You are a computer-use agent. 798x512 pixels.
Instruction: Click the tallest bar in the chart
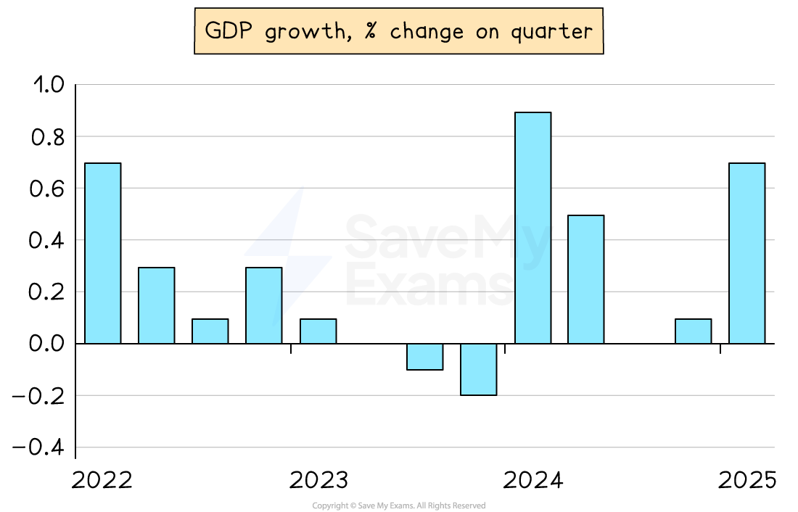[532, 228]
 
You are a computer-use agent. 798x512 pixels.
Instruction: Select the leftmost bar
[103, 253]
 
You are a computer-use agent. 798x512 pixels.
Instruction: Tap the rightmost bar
[746, 253]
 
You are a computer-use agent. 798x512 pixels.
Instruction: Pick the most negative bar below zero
[479, 369]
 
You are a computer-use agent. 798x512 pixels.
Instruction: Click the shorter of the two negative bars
[425, 357]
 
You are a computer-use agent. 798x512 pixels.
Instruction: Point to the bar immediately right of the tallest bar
[586, 279]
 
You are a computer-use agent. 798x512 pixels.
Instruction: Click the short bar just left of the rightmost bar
[693, 331]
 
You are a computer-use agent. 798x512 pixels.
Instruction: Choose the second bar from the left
[157, 305]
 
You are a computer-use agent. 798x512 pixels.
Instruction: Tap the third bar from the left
[210, 331]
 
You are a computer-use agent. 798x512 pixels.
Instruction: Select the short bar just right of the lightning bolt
[318, 331]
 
